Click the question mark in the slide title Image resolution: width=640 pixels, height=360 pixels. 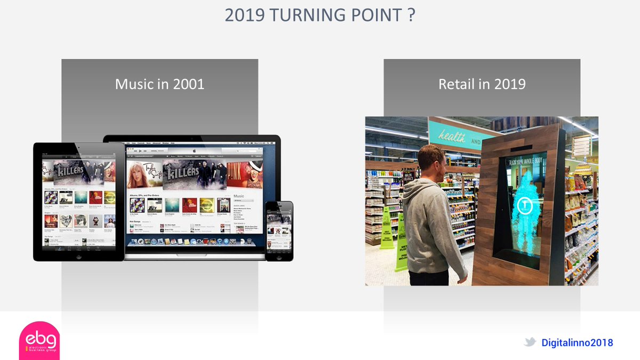[x=411, y=15]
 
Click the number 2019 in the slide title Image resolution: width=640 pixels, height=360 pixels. [x=245, y=15]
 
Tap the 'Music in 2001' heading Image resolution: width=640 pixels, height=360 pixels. [x=159, y=84]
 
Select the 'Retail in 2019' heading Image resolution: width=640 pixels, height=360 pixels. [x=482, y=84]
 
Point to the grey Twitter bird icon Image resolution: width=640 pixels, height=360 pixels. [x=530, y=342]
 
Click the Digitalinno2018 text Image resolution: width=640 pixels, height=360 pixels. [x=577, y=342]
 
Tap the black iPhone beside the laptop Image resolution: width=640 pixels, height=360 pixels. [x=279, y=231]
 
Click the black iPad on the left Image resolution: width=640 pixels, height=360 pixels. [x=79, y=202]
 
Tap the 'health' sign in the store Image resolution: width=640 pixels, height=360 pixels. [x=451, y=137]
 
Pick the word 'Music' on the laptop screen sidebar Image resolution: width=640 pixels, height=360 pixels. [x=239, y=197]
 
